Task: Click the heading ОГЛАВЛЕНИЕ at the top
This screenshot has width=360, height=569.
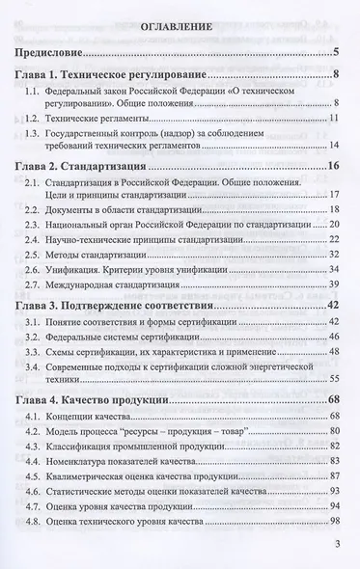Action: coord(180,29)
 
